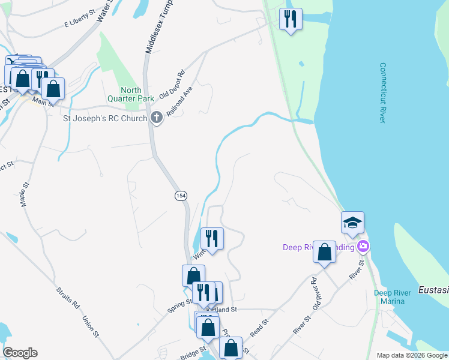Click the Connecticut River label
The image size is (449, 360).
pos(382,93)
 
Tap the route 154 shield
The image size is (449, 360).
pos(180,196)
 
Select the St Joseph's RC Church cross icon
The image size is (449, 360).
pos(157,118)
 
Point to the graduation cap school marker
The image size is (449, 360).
pos(352,223)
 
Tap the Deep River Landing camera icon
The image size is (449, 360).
pos(363,247)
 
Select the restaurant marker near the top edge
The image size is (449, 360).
pos(291,19)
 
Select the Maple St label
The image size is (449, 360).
pos(25,195)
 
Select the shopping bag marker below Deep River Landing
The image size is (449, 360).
pos(324,253)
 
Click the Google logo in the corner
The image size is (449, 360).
pos(20,353)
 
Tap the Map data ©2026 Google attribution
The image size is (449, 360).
pos(412,355)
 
